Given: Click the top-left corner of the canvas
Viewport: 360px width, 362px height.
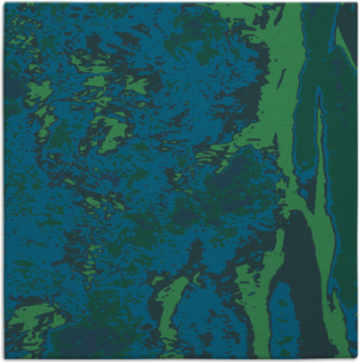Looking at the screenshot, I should click(x=4, y=4).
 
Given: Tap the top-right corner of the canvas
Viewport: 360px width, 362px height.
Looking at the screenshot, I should click(x=356, y=4).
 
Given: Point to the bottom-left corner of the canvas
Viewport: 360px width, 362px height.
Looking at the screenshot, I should click(x=4, y=358).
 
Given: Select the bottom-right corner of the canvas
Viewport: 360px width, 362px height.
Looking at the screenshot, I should click(x=356, y=358).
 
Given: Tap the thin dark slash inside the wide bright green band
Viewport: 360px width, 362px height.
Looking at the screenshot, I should click(x=281, y=80).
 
